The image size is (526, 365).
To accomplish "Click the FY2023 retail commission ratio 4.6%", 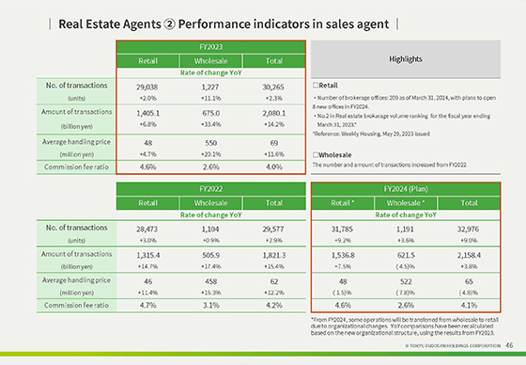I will [x=147, y=166].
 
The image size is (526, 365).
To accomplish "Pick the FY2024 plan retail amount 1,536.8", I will [x=343, y=253].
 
